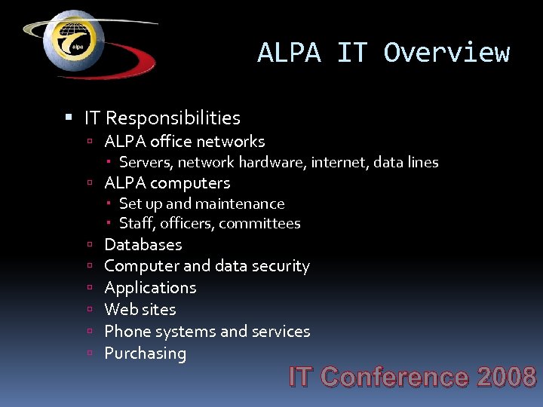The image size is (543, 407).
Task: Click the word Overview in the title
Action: (446, 53)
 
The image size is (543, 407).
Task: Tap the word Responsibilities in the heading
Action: (173, 118)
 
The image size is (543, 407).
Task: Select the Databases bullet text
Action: (143, 244)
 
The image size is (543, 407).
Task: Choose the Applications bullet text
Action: (150, 288)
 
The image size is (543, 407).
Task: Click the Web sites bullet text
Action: (140, 309)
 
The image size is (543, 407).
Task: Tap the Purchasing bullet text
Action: (145, 353)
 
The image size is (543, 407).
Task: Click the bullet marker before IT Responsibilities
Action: (69, 118)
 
